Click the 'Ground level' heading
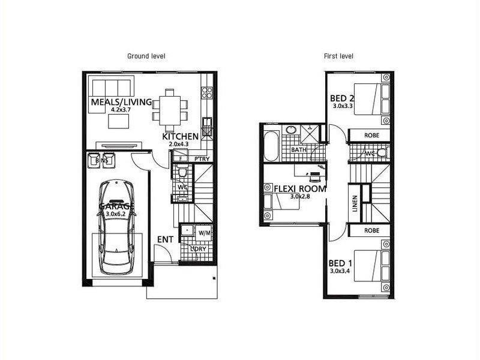coord(146,56)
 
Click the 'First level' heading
coord(340,56)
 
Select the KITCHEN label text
coord(180,137)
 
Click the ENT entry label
coord(165,239)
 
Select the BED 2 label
coord(343,98)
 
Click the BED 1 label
coord(341,263)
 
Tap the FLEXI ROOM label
coord(299,188)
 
